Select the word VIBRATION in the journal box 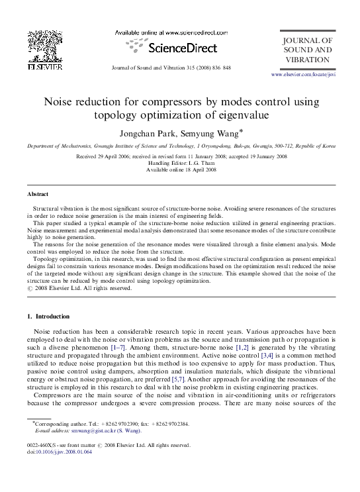click(x=307, y=60)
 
